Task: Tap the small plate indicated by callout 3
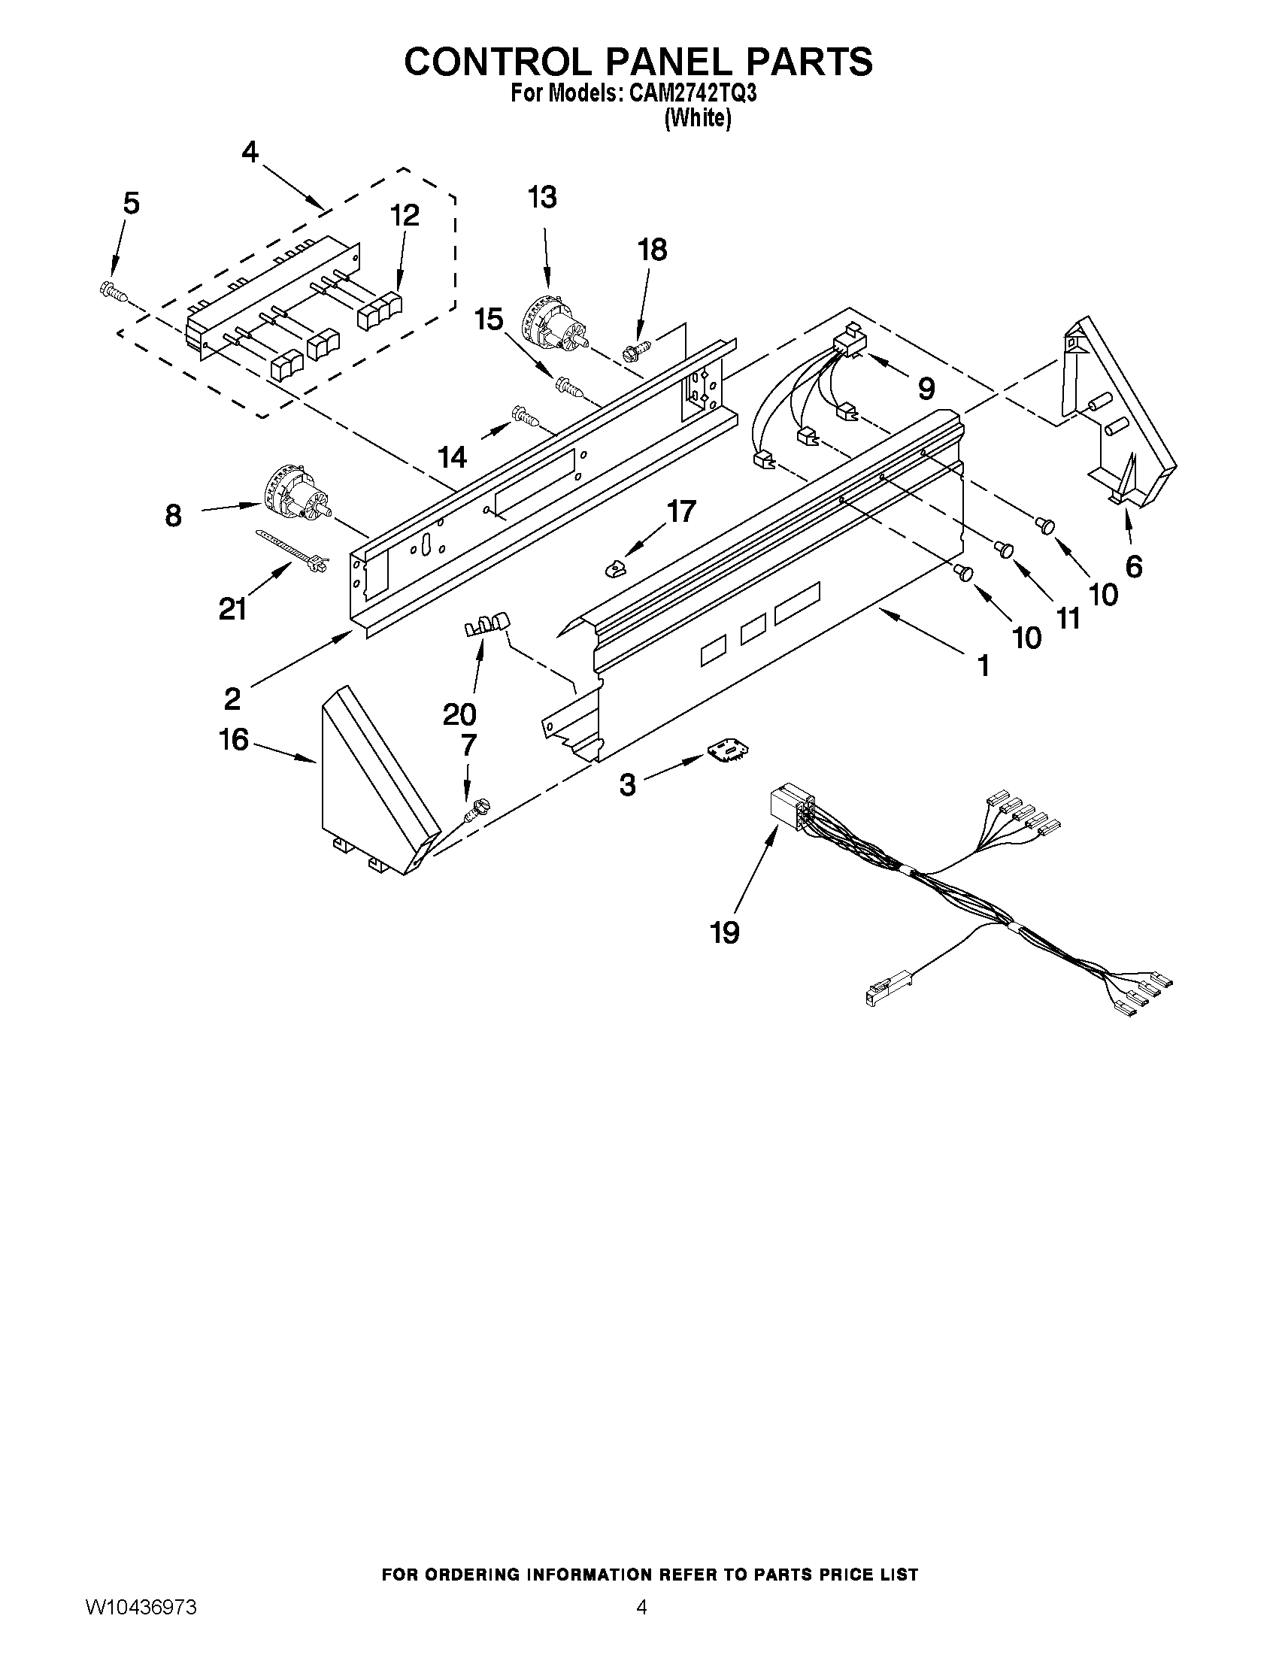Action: (729, 750)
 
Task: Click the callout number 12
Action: (405, 215)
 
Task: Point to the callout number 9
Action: (925, 388)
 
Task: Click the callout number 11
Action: (1068, 618)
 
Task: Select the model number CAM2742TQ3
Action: (690, 94)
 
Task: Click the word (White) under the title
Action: (697, 119)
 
